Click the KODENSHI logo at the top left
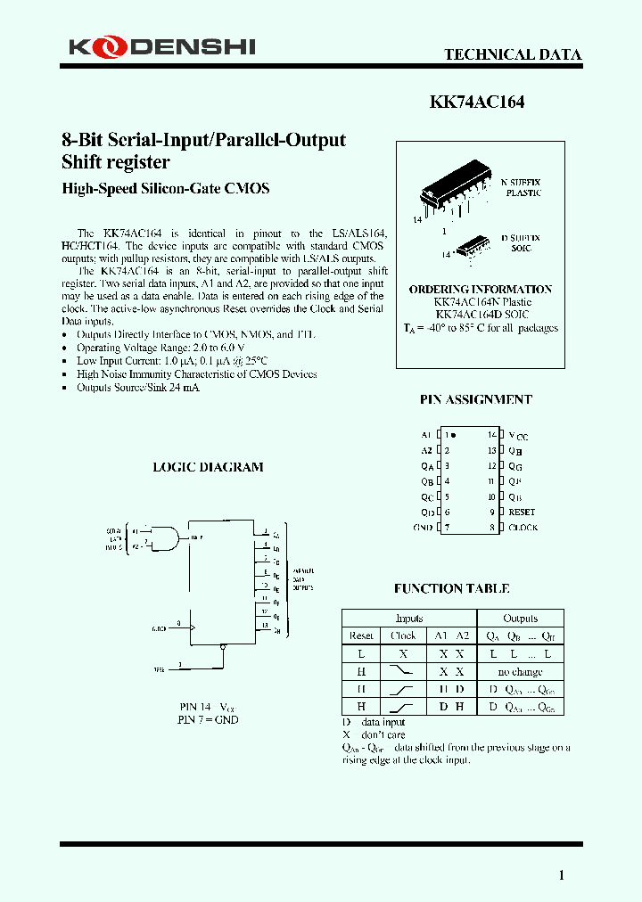pos(158,45)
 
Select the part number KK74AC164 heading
pos(477,102)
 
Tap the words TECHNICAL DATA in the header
pos(513,55)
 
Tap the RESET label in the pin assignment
pos(522,512)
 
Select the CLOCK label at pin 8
pos(523,528)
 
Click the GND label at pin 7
pos(423,528)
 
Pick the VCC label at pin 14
pos(518,436)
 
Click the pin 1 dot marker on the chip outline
pos(454,435)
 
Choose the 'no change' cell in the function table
pos(520,670)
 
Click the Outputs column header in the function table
pos(520,619)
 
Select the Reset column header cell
pos(361,635)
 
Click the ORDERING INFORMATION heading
pos(481,290)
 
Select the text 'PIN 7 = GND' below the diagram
pos(208,719)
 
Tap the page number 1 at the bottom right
pos(562,875)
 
